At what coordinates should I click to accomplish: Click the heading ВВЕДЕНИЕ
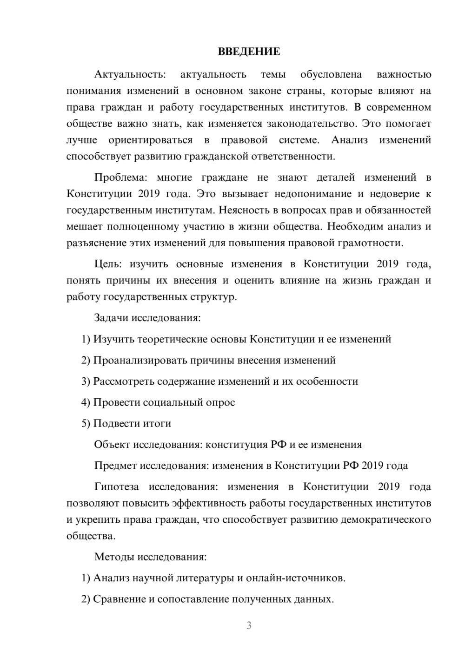pos(249,51)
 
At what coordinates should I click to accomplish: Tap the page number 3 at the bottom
pos(249,625)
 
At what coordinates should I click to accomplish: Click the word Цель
pos(107,264)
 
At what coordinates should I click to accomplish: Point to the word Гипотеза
pos(116,486)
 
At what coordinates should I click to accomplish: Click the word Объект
pos(112,444)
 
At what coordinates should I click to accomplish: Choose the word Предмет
pos(115,466)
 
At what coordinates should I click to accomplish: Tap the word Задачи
pos(111,318)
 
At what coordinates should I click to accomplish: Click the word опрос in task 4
pos(220,402)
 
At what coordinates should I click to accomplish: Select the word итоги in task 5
pos(157,423)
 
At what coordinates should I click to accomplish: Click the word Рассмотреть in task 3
pos(123,381)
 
